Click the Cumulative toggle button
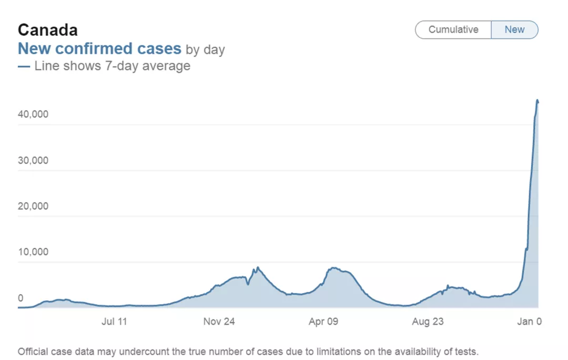pyautogui.click(x=453, y=29)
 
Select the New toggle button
pyautogui.click(x=514, y=29)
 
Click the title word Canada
pyautogui.click(x=48, y=29)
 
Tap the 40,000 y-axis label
pyautogui.click(x=33, y=115)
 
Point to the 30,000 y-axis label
pyautogui.click(x=33, y=160)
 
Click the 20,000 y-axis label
pyautogui.click(x=33, y=206)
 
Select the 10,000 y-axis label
pyautogui.click(x=33, y=252)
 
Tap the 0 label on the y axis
pyautogui.click(x=21, y=298)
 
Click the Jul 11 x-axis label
pyautogui.click(x=114, y=322)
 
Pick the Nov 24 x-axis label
pyautogui.click(x=219, y=322)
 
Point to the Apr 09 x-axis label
pyautogui.click(x=323, y=322)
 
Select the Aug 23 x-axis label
pyautogui.click(x=428, y=322)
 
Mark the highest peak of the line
pyautogui.click(x=537, y=100)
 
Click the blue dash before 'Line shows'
pyautogui.click(x=24, y=67)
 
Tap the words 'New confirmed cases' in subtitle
pyautogui.click(x=99, y=49)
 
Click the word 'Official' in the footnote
pyautogui.click(x=33, y=351)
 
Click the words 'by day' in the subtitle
pyautogui.click(x=205, y=50)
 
